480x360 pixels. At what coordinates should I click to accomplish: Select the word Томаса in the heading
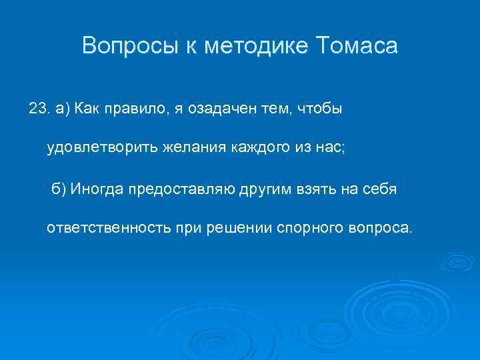(x=356, y=47)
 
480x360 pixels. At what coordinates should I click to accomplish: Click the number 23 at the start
(x=38, y=108)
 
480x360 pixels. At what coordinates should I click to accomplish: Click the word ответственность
(x=103, y=228)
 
